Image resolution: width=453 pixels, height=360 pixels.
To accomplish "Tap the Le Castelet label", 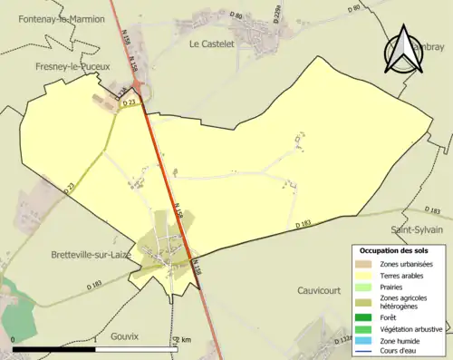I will [x=212, y=43].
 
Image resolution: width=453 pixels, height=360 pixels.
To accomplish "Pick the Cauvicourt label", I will [x=323, y=290].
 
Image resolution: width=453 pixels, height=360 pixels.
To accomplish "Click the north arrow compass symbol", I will [x=403, y=50].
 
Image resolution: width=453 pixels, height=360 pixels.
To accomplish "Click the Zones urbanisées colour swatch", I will [x=361, y=264].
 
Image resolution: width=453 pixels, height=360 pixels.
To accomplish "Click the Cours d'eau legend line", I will [x=361, y=353].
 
